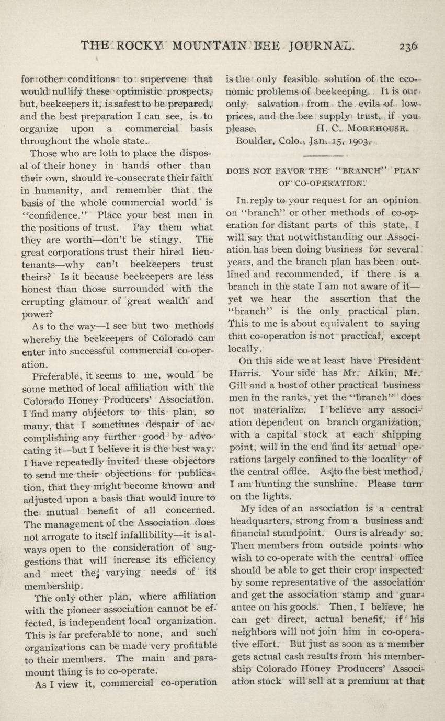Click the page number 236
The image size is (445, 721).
(x=407, y=46)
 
